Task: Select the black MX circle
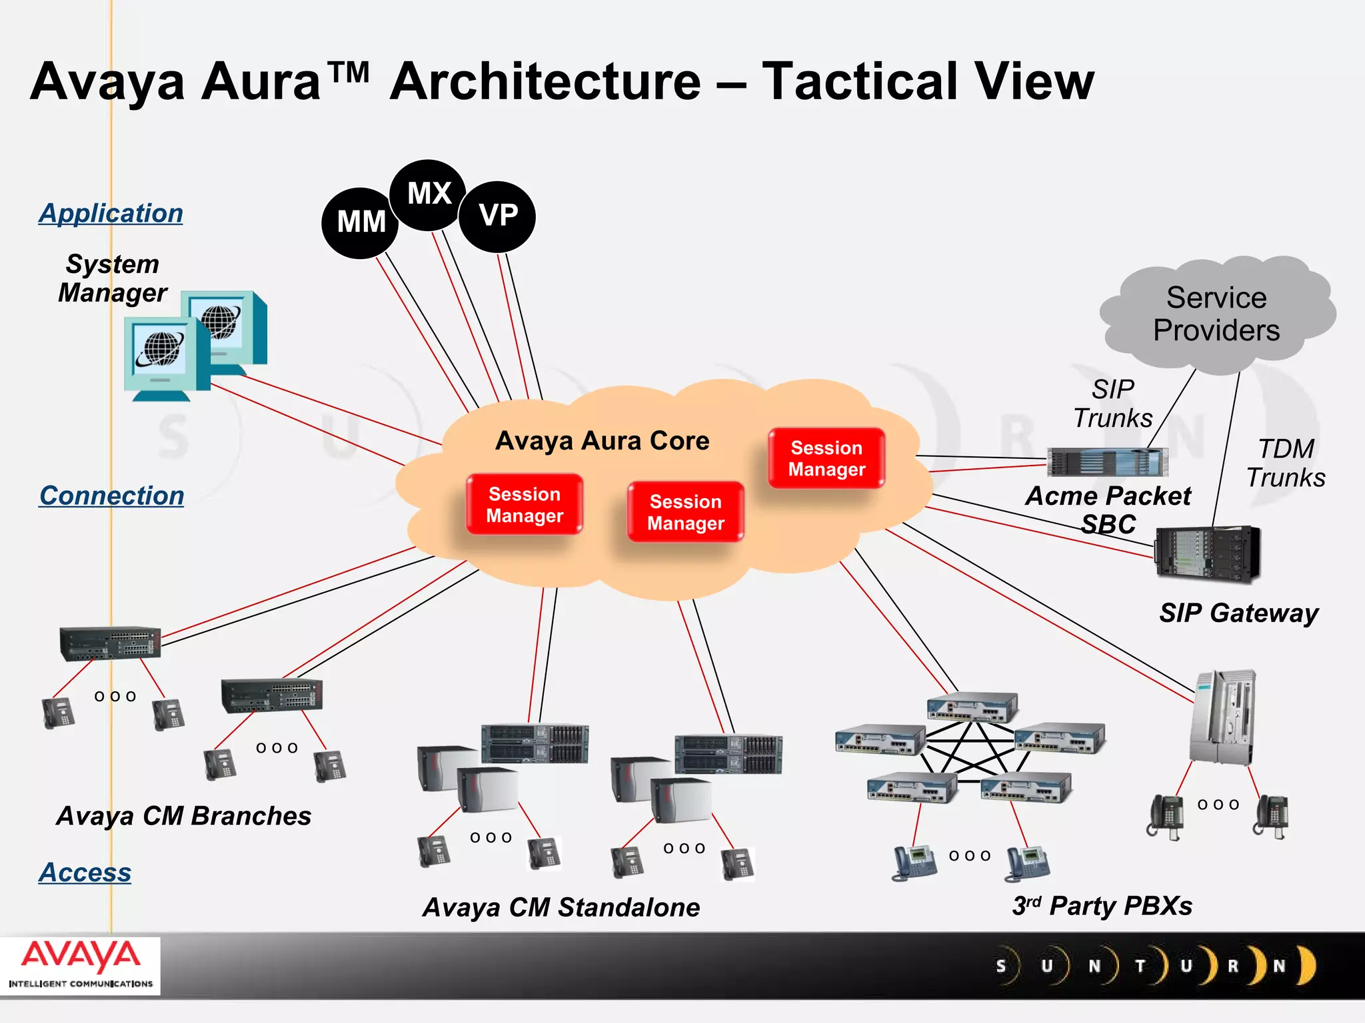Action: pyautogui.click(x=429, y=194)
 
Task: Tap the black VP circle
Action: pyautogui.click(x=498, y=216)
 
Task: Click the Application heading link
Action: pyautogui.click(x=111, y=213)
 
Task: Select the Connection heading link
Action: pyautogui.click(x=111, y=496)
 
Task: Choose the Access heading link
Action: pyautogui.click(x=85, y=872)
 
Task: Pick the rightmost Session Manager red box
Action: pyautogui.click(x=826, y=458)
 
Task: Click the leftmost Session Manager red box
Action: pyautogui.click(x=525, y=504)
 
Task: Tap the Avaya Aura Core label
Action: pyautogui.click(x=602, y=441)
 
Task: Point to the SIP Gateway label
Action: pyautogui.click(x=1238, y=613)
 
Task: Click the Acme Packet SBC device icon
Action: pyautogui.click(x=1107, y=462)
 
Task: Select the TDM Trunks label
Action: pyautogui.click(x=1286, y=463)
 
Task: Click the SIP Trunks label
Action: pyautogui.click(x=1112, y=404)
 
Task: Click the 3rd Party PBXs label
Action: pyautogui.click(x=1102, y=906)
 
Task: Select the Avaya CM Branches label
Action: pyautogui.click(x=183, y=816)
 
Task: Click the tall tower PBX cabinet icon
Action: pyautogui.click(x=1222, y=718)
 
